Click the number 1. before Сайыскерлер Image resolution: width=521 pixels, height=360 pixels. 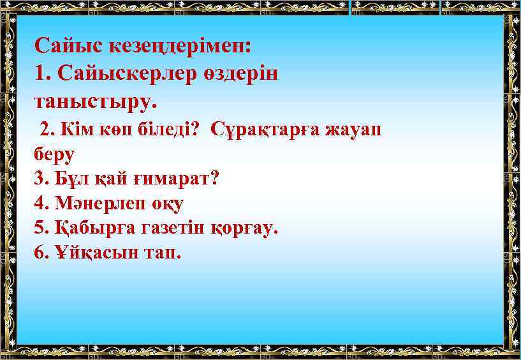click(x=43, y=73)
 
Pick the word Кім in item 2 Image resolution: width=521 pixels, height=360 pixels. click(x=75, y=130)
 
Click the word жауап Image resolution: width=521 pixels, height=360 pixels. click(x=354, y=130)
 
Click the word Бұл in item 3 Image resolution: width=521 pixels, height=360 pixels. click(x=69, y=179)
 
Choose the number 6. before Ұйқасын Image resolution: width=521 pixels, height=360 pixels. click(x=41, y=253)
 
